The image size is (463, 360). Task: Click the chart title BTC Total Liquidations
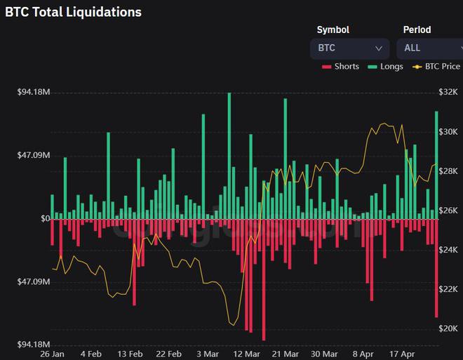(74, 12)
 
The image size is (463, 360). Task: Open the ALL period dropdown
(429, 48)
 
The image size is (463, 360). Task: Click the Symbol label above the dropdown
(333, 29)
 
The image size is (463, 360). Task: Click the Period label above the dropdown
(417, 29)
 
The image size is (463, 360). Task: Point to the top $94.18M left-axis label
(34, 92)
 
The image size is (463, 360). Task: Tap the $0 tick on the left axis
(45, 219)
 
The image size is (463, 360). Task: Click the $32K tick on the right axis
(448, 92)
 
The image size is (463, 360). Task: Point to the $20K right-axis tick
(448, 328)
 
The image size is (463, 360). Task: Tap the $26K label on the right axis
(448, 211)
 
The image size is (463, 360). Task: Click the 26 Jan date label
(53, 354)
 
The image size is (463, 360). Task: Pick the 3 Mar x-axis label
(207, 354)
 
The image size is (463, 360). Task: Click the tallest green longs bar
(229, 154)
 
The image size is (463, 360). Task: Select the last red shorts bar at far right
(437, 267)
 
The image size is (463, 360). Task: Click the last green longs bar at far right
(437, 165)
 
